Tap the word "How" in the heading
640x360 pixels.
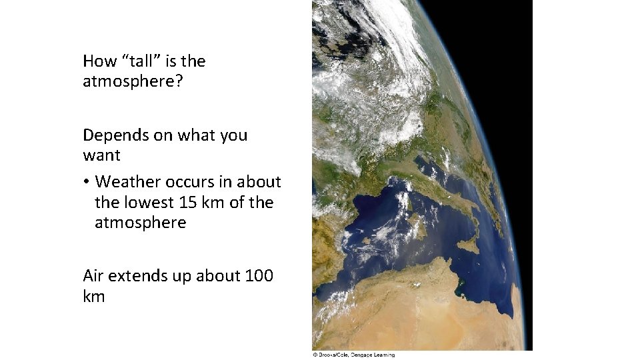tap(99, 61)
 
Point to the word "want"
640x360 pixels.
tap(101, 156)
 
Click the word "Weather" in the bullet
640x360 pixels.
tap(131, 182)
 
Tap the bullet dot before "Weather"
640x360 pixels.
tap(87, 182)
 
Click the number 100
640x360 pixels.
tap(259, 275)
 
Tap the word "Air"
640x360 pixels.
tap(93, 275)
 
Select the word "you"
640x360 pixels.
tap(233, 135)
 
